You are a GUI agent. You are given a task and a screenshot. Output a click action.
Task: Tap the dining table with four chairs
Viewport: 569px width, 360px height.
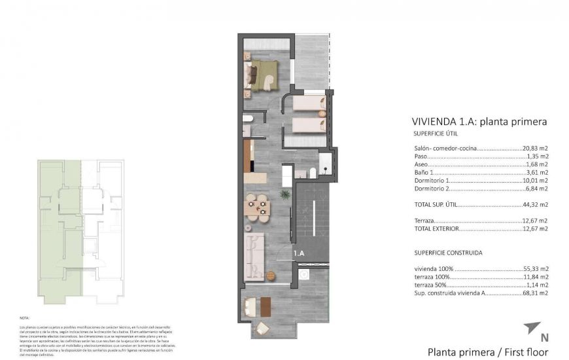(256, 207)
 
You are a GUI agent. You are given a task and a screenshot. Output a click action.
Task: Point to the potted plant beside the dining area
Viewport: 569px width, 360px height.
(284, 194)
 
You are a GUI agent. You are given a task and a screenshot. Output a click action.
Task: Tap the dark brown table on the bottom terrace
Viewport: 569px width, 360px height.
(264, 306)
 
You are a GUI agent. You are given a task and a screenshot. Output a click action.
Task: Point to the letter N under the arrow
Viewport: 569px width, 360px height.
(543, 338)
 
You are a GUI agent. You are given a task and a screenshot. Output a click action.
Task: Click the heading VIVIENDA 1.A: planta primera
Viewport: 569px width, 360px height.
(479, 121)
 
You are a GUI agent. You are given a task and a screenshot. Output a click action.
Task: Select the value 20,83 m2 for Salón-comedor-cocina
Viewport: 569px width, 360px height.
(535, 149)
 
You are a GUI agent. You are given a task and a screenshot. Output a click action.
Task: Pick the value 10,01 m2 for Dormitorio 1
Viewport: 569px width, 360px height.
(535, 180)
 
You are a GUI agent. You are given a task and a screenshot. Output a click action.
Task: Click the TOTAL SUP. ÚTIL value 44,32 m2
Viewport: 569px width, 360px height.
(535, 205)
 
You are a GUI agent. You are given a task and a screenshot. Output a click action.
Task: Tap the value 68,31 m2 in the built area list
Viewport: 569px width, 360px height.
(535, 293)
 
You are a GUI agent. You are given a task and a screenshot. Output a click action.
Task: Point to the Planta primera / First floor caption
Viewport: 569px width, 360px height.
(487, 352)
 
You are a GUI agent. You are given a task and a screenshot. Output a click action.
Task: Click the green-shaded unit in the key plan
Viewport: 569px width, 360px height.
(59, 229)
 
